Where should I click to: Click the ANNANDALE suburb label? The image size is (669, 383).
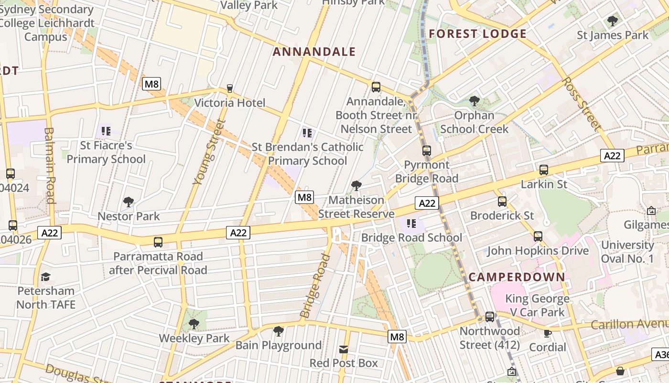pyautogui.click(x=314, y=52)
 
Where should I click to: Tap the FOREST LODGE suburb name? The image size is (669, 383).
pyautogui.click(x=477, y=34)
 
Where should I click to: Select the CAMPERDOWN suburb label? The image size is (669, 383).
pyautogui.click(x=517, y=277)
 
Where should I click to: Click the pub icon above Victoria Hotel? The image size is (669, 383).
pyautogui.click(x=229, y=88)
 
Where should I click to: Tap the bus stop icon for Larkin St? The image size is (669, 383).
pyautogui.click(x=543, y=169)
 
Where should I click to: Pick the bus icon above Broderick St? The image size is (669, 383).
pyautogui.click(x=502, y=202)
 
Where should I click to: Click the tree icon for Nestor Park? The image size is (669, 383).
pyautogui.click(x=128, y=202)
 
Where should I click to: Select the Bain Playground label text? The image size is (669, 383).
pyautogui.click(x=278, y=345)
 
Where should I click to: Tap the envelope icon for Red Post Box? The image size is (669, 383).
pyautogui.click(x=343, y=349)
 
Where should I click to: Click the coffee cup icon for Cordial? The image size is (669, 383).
pyautogui.click(x=547, y=333)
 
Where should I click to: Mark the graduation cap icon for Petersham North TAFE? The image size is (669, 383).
pyautogui.click(x=45, y=277)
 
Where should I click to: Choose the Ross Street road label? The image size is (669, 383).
pyautogui.click(x=581, y=103)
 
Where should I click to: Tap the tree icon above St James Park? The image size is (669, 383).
pyautogui.click(x=612, y=21)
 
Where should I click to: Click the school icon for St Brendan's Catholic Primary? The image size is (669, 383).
pyautogui.click(x=307, y=133)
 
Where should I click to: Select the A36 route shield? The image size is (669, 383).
pyautogui.click(x=661, y=355)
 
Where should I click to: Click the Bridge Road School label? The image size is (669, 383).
pyautogui.click(x=411, y=238)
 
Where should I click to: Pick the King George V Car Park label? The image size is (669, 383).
pyautogui.click(x=537, y=305)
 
